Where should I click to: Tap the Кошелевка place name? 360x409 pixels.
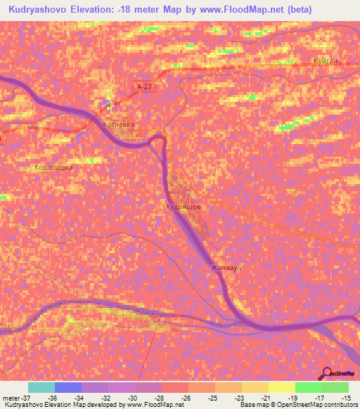click(x=53, y=168)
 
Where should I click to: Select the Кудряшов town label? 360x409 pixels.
click(x=184, y=208)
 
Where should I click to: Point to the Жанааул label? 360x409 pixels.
click(x=224, y=268)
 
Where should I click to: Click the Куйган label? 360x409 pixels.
click(x=326, y=61)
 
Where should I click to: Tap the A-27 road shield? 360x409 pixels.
click(x=144, y=86)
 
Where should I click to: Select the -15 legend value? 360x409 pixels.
click(x=345, y=397)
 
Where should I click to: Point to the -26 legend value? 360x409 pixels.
click(x=185, y=397)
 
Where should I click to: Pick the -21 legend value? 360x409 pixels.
click(x=265, y=397)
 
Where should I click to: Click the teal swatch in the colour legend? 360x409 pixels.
click(x=41, y=387)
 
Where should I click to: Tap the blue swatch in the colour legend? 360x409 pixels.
click(x=68, y=387)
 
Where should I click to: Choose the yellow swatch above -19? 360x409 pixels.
click(x=282, y=387)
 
